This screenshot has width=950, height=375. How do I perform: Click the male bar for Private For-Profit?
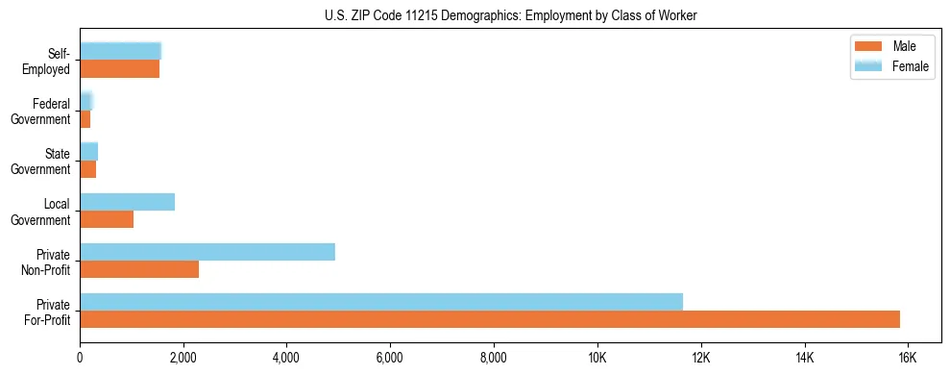click(489, 319)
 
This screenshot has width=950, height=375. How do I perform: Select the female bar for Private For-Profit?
click(380, 301)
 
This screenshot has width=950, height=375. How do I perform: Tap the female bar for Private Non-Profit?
click(207, 252)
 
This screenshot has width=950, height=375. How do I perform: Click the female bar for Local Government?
click(127, 202)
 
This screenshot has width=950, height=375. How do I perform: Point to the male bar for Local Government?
click(106, 219)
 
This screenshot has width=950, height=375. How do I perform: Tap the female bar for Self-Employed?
click(120, 51)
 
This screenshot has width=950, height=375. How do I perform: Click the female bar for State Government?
click(88, 151)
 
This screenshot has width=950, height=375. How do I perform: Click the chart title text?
click(510, 15)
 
